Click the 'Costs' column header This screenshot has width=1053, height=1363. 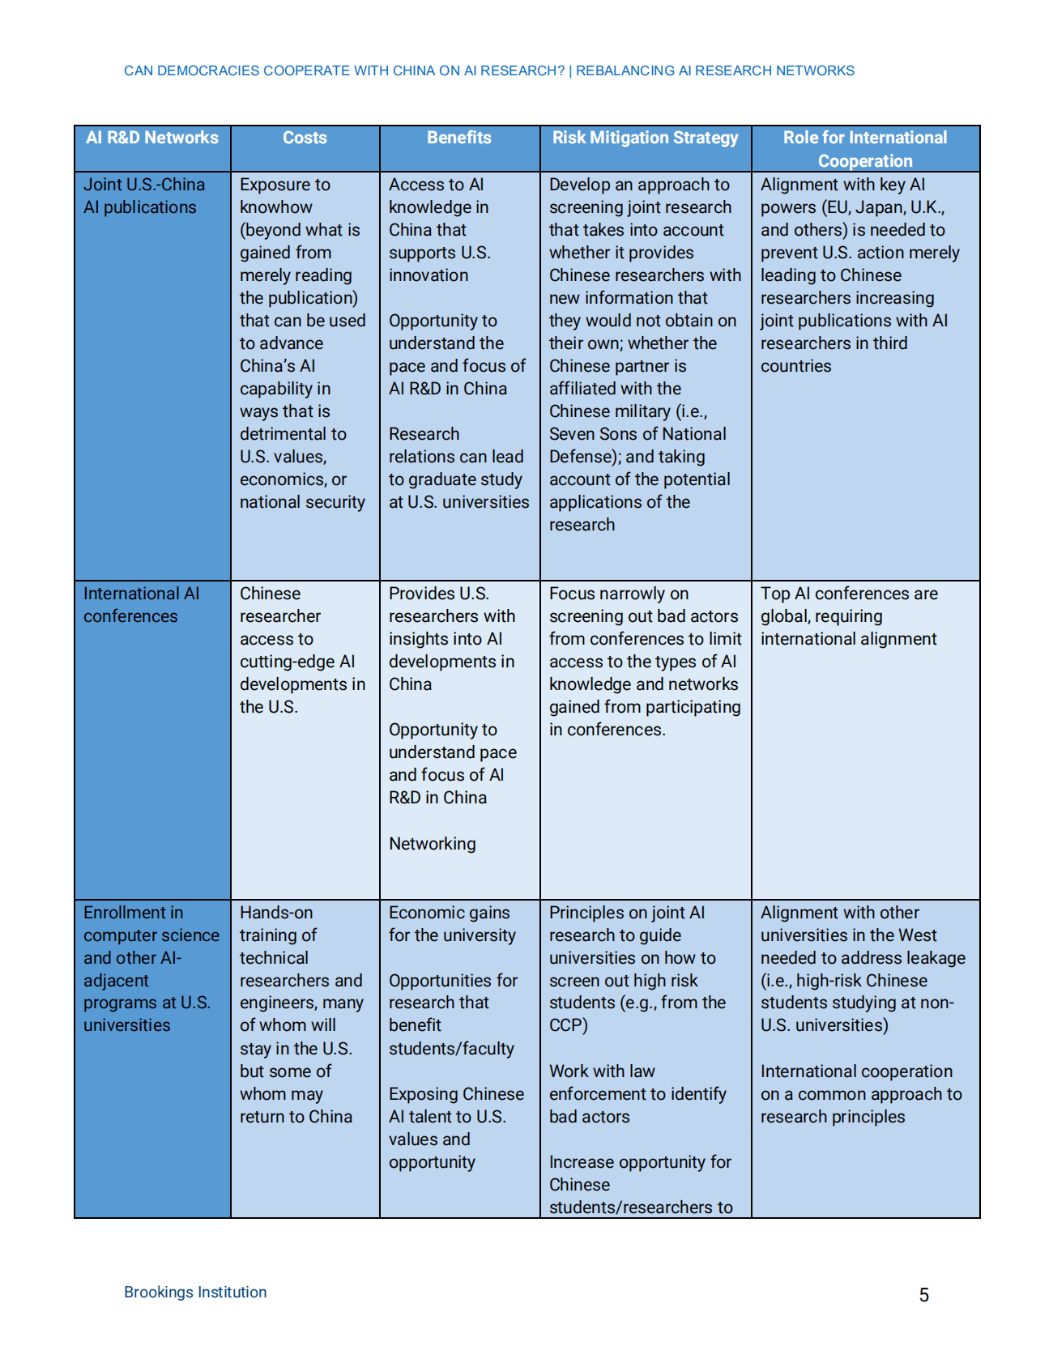coord(305,138)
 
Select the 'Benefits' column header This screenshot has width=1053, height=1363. coord(459,138)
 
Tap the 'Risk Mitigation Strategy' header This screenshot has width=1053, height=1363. coord(645,138)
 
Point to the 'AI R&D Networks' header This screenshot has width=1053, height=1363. coord(152,138)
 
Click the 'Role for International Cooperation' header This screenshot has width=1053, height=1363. coord(865,149)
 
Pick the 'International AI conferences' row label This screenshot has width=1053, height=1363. coord(141,605)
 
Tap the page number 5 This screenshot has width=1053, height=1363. coord(924,1295)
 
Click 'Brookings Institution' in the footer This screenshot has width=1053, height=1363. coord(195,1293)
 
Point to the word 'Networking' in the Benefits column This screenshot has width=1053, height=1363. coord(433,844)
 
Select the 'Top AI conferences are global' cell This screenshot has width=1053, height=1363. coord(849,616)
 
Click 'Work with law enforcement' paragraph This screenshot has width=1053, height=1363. coord(637,1094)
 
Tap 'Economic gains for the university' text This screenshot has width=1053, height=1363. coord(452,924)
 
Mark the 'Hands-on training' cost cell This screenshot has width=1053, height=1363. coord(301,1015)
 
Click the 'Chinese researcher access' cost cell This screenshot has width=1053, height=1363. coord(302,650)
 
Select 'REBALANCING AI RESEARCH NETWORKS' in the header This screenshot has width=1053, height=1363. coord(715,71)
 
